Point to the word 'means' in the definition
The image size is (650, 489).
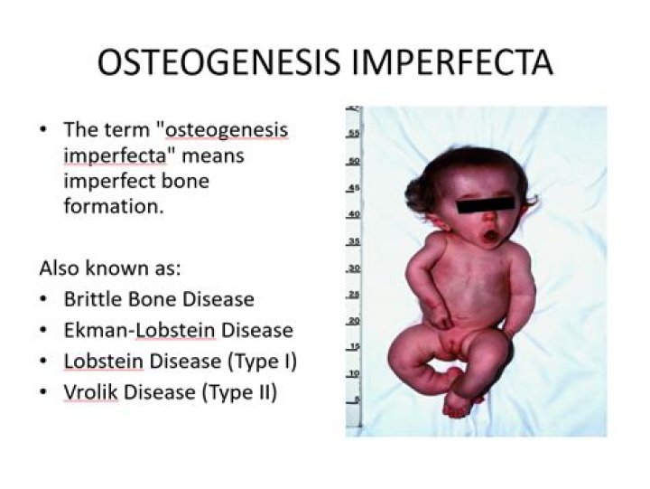pos(213,155)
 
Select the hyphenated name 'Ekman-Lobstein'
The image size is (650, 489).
pos(139,330)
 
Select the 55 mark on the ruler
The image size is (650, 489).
pos(354,132)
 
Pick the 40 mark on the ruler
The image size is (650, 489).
pos(354,213)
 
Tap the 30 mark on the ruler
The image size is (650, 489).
pos(354,268)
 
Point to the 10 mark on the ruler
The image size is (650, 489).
pos(354,372)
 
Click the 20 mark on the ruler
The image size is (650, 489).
pos(354,320)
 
